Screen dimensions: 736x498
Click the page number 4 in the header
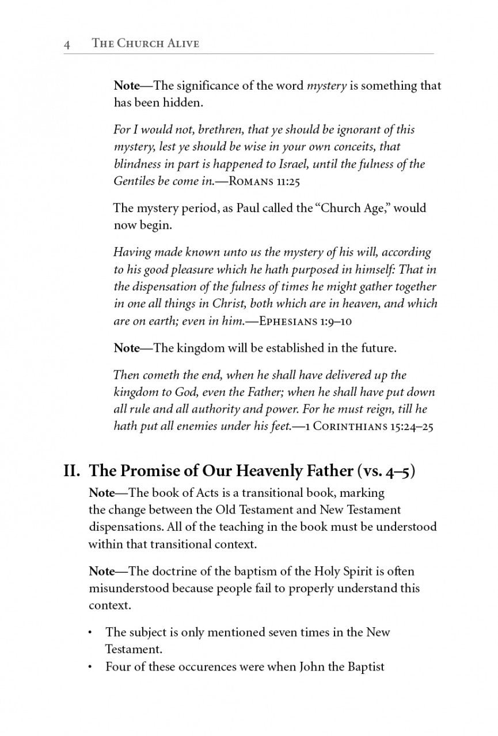(x=67, y=44)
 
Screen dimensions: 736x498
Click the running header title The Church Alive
(x=146, y=44)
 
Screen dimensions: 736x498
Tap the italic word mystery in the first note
(x=326, y=86)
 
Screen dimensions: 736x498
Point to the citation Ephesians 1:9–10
(x=306, y=321)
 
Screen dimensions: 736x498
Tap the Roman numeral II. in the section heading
(x=74, y=471)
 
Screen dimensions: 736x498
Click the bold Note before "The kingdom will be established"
(x=127, y=348)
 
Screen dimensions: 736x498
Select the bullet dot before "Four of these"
(x=90, y=668)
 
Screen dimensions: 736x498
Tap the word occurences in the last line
(x=199, y=667)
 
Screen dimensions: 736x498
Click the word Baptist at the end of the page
(x=364, y=667)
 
